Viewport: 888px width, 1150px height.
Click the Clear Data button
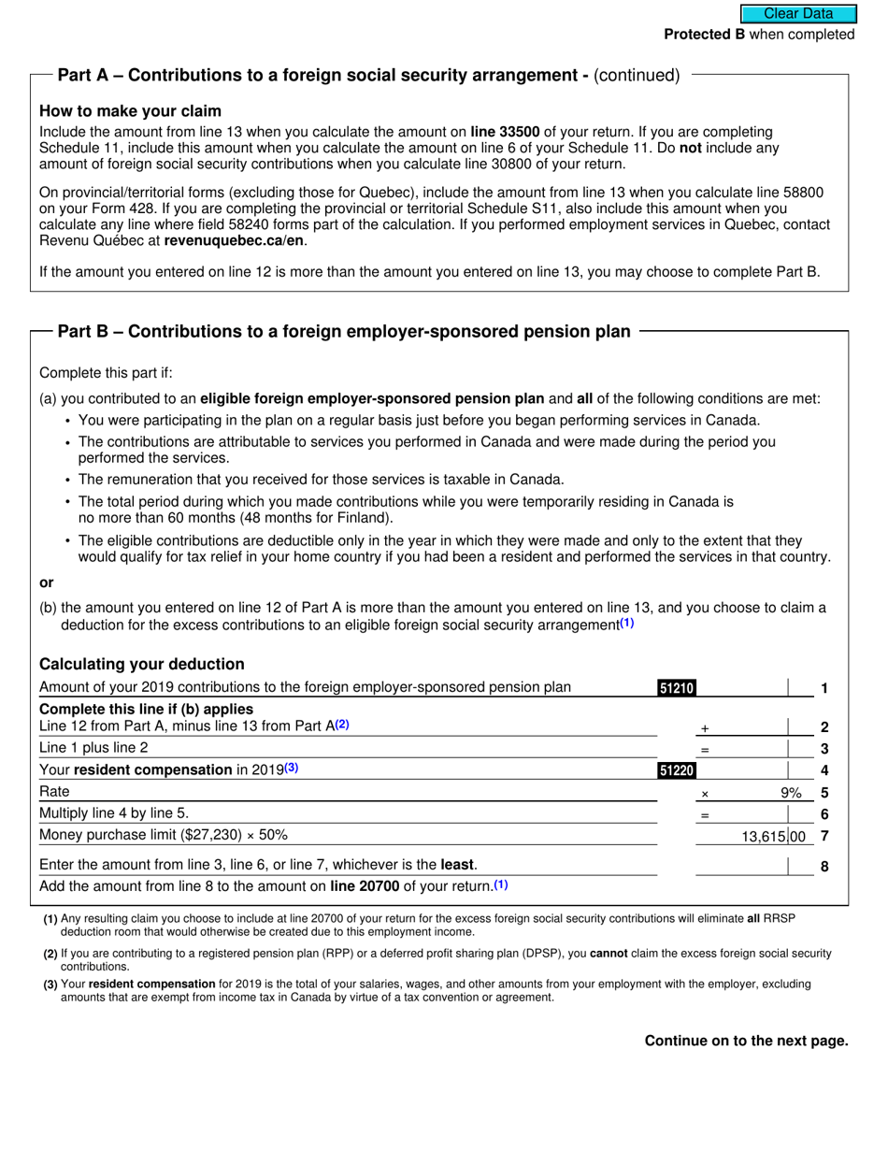pos(798,13)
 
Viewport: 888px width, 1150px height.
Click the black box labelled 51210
pos(677,689)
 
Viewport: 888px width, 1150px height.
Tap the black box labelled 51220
pos(677,771)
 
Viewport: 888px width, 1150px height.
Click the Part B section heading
pos(343,331)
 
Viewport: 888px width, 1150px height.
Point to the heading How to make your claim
pos(130,110)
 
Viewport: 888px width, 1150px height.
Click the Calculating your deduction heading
pos(141,664)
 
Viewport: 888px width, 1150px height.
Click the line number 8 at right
pos(824,867)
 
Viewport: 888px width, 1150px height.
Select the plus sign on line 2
pos(705,728)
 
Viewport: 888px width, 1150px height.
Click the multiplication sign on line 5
pos(705,794)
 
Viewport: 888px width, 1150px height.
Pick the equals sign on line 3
pos(705,750)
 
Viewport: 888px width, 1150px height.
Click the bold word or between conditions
pos(47,582)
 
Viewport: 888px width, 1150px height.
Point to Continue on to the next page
pos(746,1041)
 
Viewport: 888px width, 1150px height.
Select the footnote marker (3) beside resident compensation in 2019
pos(292,769)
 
